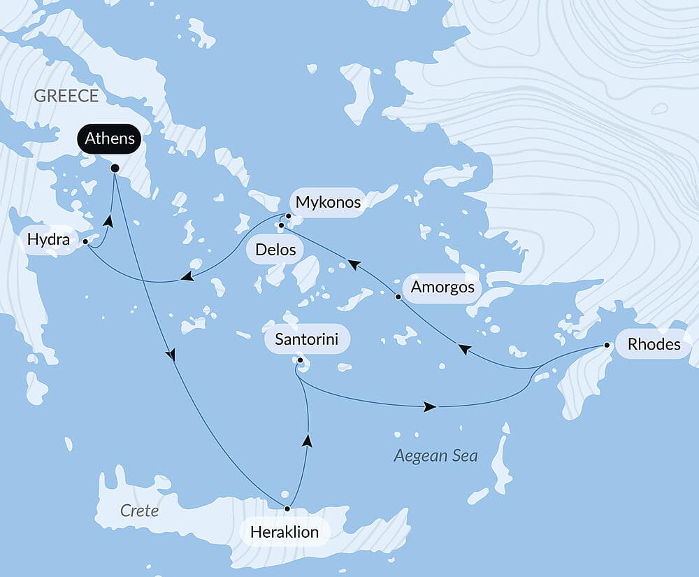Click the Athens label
coord(110,138)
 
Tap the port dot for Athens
coord(115,169)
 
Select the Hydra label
coord(48,241)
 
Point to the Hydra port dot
coord(85,241)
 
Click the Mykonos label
coord(328,202)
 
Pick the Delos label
coord(275,250)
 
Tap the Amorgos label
coord(442,287)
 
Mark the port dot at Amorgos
coord(398,297)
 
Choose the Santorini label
coord(307,341)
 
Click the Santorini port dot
coord(300,361)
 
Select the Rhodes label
coord(654,344)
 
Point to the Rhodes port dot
coord(607,346)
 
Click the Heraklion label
coord(285,532)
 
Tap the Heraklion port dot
coord(287,508)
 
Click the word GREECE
coord(66,96)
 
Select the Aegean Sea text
coord(435,456)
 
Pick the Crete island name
coord(139,511)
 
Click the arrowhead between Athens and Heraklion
coord(171,355)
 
